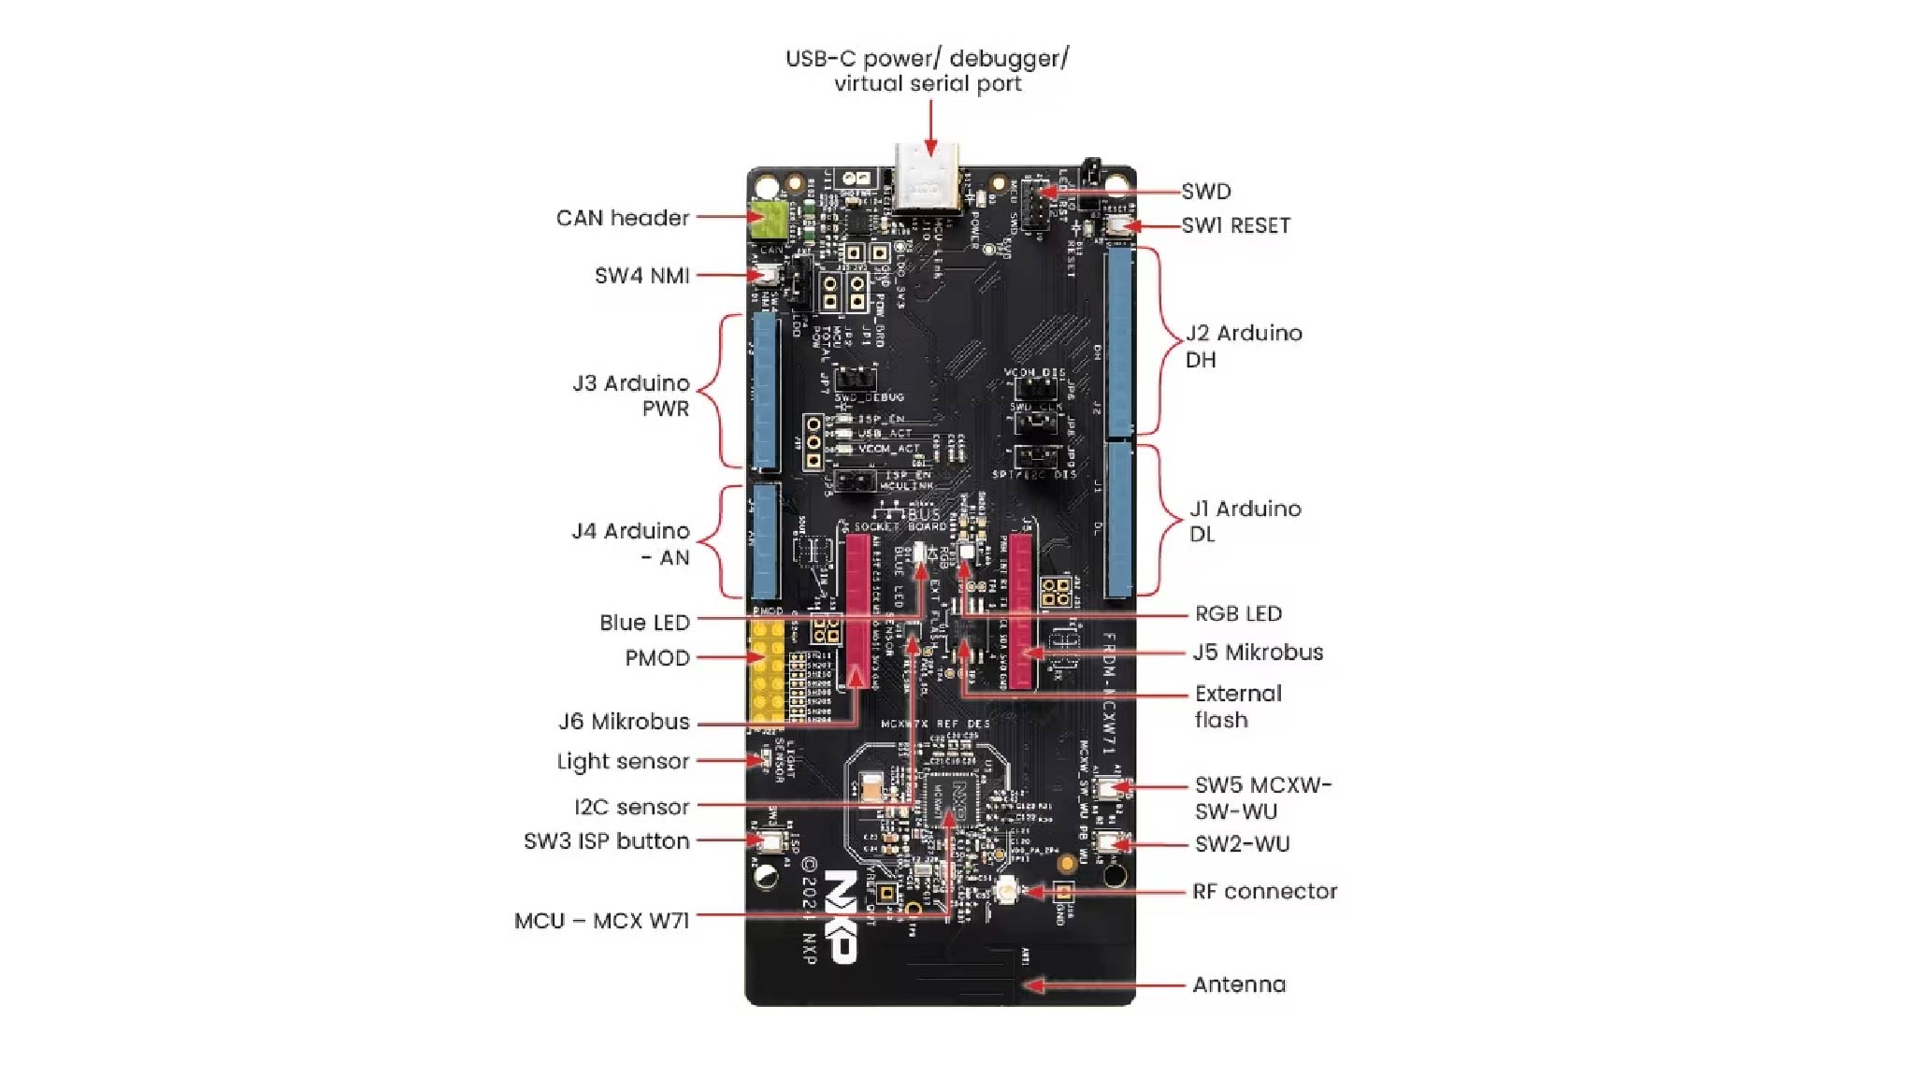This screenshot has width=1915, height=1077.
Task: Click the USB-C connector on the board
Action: [926, 180]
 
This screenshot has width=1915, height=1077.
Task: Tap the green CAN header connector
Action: [768, 221]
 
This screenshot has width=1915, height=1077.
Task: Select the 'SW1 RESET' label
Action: [1235, 226]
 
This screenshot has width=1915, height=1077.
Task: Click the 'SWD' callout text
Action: [1205, 192]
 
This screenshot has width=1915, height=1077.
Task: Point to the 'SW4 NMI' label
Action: [641, 276]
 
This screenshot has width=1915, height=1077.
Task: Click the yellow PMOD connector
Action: [767, 671]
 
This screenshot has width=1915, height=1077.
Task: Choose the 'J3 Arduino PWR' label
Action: [631, 395]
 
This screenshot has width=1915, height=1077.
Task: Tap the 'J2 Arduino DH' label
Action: [1243, 346]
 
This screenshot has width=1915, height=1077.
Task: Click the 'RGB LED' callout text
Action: [1238, 614]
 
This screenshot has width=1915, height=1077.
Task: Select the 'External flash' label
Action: [1237, 707]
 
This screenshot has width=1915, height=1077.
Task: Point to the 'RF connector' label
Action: [1264, 892]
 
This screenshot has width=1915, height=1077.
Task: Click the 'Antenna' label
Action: [1239, 984]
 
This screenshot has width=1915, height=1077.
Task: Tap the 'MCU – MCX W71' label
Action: [601, 921]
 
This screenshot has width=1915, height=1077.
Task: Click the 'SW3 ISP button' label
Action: [606, 841]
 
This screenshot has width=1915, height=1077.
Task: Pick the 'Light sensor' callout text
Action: [623, 761]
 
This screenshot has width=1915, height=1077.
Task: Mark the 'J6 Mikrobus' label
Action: [624, 722]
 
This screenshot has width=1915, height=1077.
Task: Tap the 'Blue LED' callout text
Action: [644, 623]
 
